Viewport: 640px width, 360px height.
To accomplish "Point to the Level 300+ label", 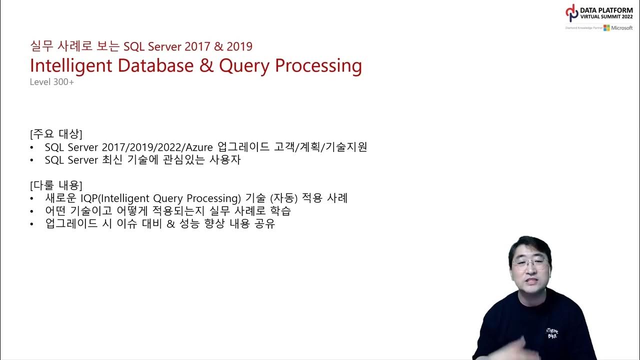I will click(x=51, y=82).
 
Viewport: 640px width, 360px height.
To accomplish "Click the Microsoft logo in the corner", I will click(x=618, y=28).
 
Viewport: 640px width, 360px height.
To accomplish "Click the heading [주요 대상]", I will click(x=56, y=134).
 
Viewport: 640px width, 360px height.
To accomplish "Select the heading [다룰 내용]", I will click(x=56, y=185).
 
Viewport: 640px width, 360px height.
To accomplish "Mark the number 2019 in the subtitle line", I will click(x=239, y=46).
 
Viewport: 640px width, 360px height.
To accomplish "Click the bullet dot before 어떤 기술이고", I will click(x=32, y=211).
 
